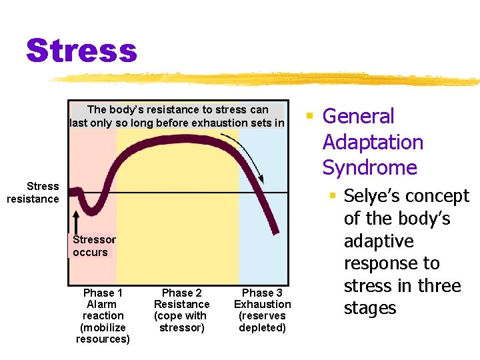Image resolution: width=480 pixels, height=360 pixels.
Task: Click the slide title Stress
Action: tap(81, 50)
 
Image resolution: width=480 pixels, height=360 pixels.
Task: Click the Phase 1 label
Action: tap(103, 293)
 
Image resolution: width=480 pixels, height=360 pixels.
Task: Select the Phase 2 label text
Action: tap(181, 293)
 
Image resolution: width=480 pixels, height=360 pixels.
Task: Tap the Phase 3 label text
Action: tap(262, 293)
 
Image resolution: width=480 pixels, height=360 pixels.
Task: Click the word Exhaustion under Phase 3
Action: tap(262, 304)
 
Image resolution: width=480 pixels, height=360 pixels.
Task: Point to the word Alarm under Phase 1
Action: tap(103, 304)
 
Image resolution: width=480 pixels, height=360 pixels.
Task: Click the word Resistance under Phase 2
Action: tap(181, 304)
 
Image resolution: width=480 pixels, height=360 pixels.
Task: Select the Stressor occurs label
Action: tap(94, 246)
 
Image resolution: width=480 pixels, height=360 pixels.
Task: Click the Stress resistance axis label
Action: tap(33, 192)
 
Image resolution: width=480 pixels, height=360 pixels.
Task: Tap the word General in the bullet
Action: tap(358, 116)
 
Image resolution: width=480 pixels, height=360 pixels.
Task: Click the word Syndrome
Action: tap(369, 167)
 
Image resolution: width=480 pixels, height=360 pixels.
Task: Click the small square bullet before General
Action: tap(309, 117)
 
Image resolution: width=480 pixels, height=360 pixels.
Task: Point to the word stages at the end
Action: tap(370, 308)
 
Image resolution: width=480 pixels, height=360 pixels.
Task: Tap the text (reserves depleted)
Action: tap(262, 321)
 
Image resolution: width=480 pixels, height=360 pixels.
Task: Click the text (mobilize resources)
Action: tap(103, 333)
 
